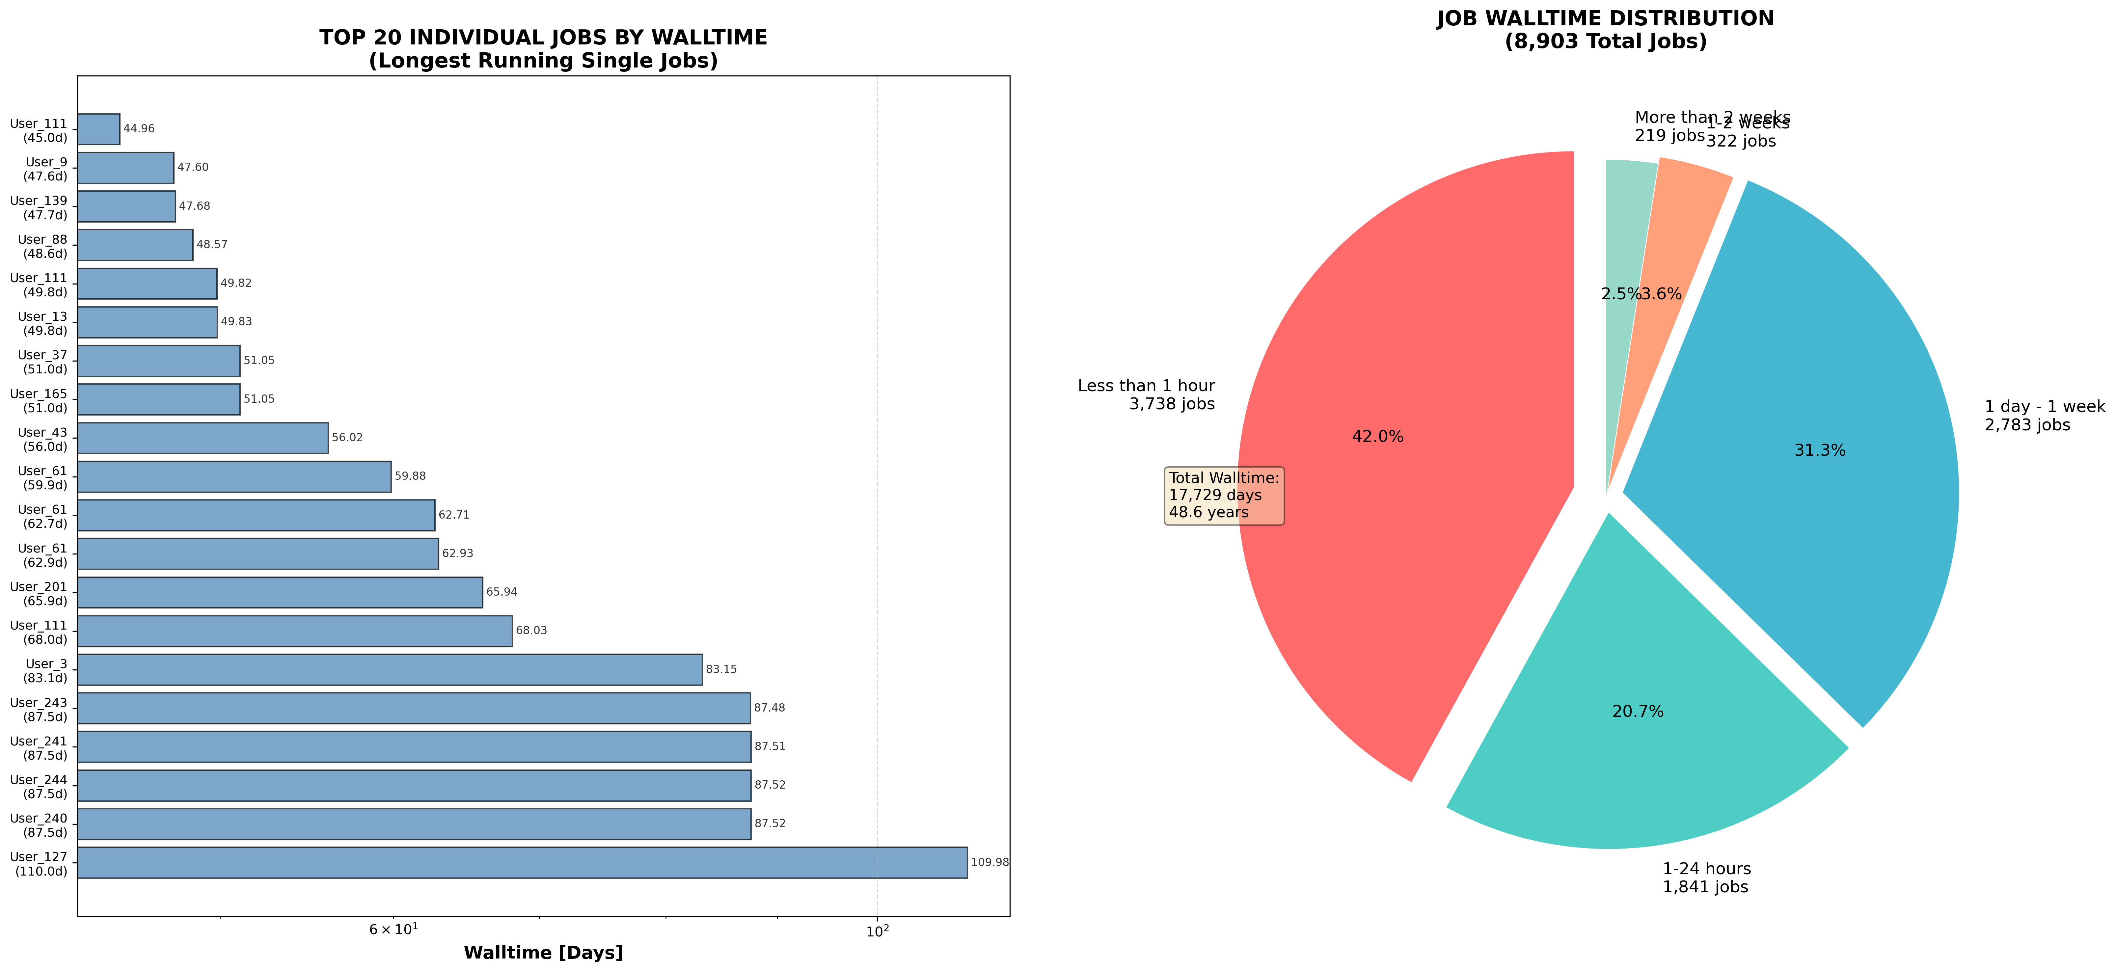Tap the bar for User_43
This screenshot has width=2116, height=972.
coord(203,438)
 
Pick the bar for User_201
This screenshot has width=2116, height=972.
coord(280,592)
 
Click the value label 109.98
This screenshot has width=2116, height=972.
coord(989,863)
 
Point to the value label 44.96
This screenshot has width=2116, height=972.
coord(139,129)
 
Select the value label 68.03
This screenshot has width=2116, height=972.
coord(530,631)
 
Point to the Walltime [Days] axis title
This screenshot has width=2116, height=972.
coord(543,953)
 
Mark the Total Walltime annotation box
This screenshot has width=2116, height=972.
coord(1224,496)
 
